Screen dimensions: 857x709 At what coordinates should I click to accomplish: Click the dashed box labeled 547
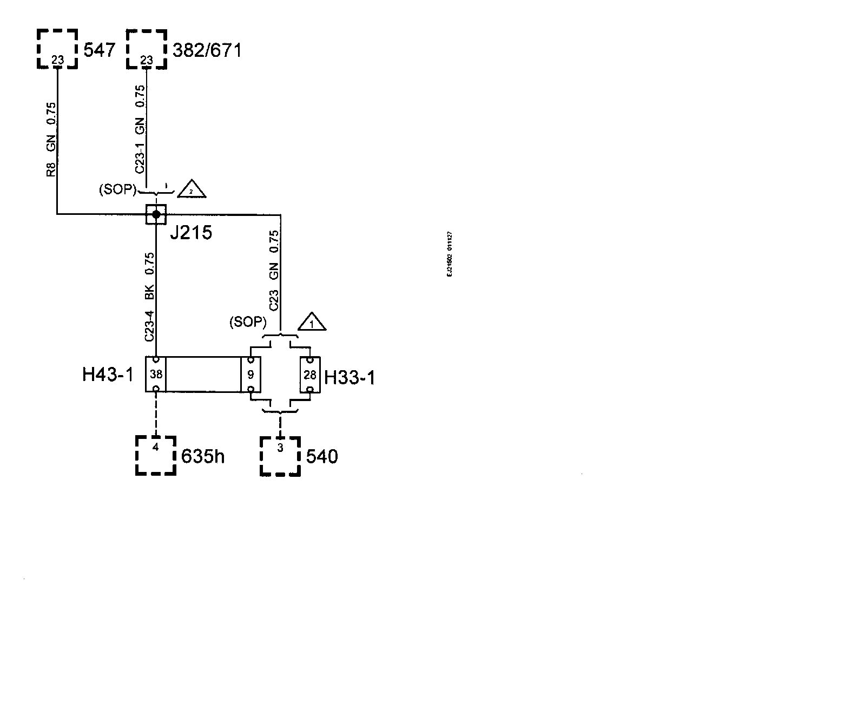pos(57,49)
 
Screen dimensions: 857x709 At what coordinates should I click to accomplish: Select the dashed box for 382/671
pos(147,49)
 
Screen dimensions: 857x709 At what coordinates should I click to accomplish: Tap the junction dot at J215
pos(156,214)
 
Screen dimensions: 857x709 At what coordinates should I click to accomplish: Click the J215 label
pos(191,233)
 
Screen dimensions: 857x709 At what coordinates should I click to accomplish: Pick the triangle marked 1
pos(311,323)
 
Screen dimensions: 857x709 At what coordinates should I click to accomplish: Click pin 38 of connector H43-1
pos(156,374)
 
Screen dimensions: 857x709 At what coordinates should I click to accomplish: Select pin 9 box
pos(250,374)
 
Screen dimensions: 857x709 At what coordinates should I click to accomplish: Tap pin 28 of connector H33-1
pos(310,374)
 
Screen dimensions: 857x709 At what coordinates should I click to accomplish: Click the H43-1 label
pos(107,375)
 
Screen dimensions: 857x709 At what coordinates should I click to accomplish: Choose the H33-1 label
pos(350,377)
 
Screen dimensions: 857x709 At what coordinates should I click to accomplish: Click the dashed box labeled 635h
pos(156,455)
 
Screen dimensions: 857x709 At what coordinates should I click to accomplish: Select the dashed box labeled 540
pos(280,456)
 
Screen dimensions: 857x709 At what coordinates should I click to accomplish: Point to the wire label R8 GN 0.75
pos(51,140)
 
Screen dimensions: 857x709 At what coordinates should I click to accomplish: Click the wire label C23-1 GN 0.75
pos(140,129)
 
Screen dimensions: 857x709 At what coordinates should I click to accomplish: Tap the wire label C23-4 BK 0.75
pos(150,297)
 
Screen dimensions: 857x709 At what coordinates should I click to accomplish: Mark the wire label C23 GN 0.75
pos(274,270)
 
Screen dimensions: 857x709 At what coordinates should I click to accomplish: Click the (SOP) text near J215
pos(118,190)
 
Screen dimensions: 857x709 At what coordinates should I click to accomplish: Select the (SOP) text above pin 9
pos(248,322)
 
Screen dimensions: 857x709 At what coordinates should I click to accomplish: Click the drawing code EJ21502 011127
pos(450,254)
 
